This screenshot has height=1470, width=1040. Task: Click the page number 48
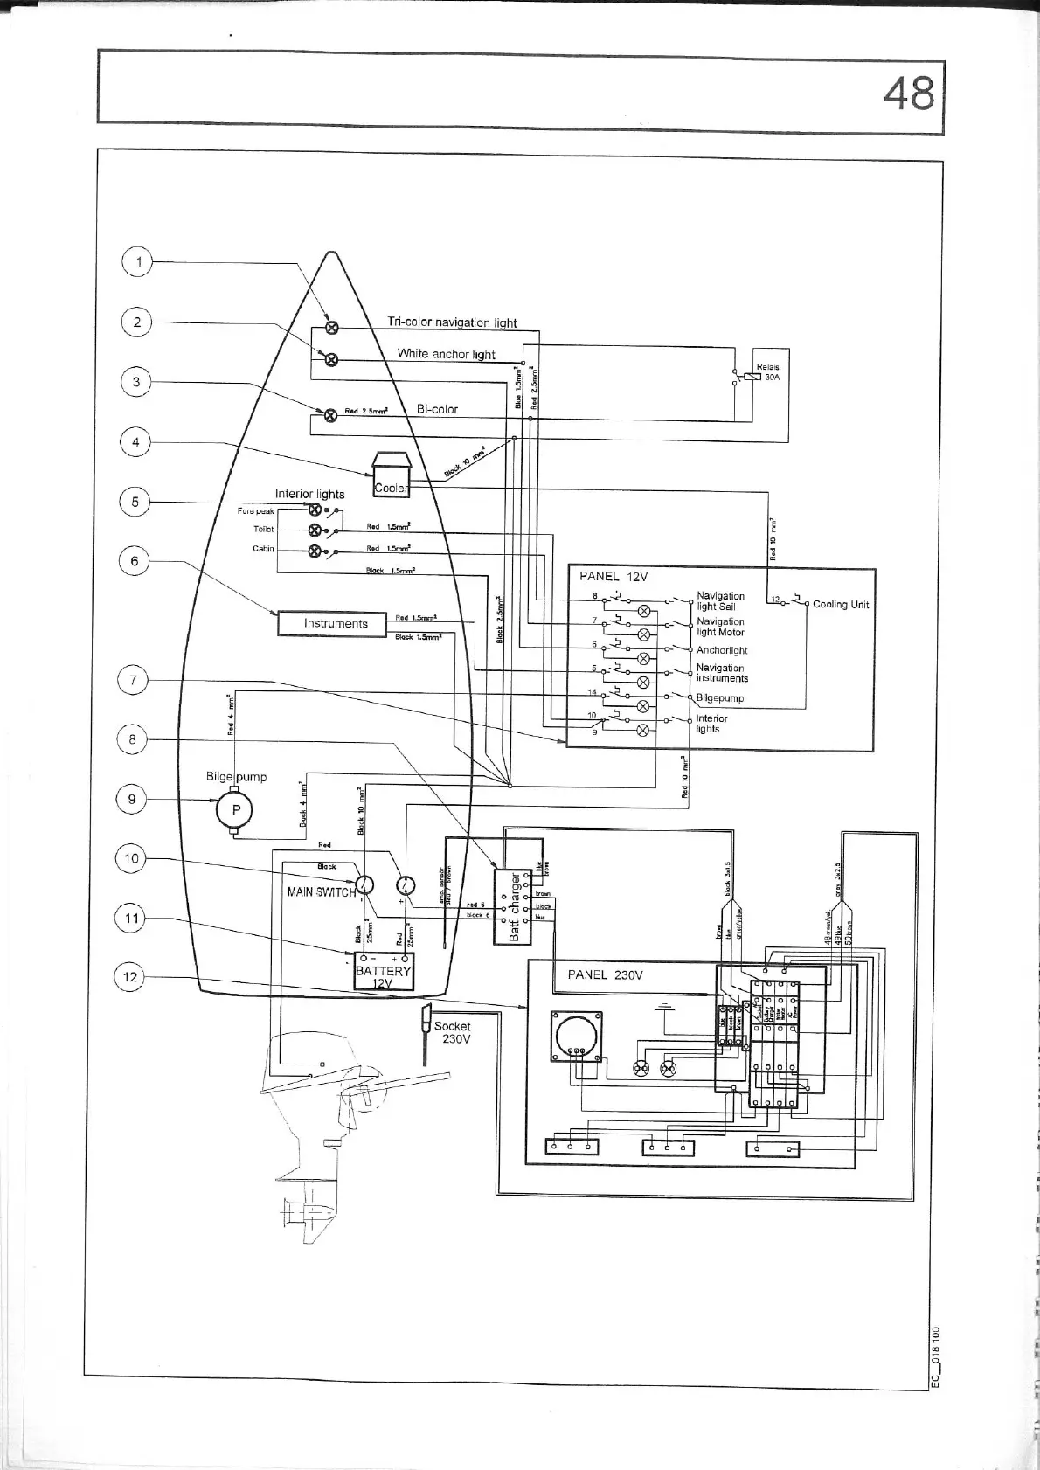[x=908, y=94]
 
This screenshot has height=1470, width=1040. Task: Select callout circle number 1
[x=137, y=261]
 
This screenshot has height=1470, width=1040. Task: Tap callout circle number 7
[x=133, y=679]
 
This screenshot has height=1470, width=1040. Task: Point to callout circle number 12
[x=130, y=976]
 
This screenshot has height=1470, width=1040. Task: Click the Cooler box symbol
[x=391, y=477]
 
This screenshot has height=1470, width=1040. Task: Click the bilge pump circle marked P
[x=234, y=809]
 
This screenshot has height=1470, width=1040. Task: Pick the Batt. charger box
[x=513, y=906]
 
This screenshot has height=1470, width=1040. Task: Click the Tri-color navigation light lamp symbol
[x=332, y=328]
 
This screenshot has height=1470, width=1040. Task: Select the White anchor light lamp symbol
[x=331, y=359]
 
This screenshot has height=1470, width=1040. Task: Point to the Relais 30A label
[x=767, y=372]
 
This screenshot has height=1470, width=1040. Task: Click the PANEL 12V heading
[x=613, y=576]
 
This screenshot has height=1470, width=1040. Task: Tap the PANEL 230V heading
[x=605, y=974]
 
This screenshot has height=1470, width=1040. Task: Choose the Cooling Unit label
[x=840, y=604]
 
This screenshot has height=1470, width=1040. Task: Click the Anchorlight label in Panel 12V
[x=721, y=650]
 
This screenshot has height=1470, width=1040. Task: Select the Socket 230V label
[x=453, y=1032]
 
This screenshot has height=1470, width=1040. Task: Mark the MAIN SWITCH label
[x=321, y=891]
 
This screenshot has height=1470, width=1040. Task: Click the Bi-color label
[x=437, y=409]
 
